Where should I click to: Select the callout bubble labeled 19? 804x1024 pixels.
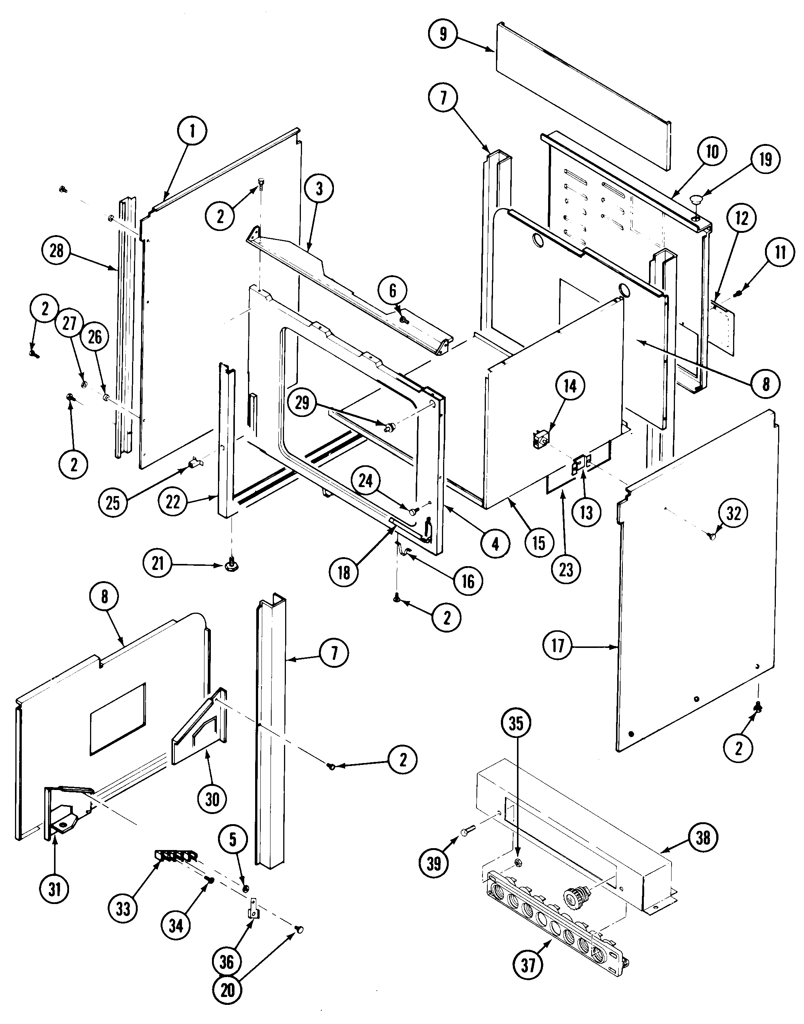(x=765, y=160)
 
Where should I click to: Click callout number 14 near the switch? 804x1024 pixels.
(x=570, y=386)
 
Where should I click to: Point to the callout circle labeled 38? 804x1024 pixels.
(x=703, y=838)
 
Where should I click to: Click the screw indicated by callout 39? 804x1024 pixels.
(x=468, y=832)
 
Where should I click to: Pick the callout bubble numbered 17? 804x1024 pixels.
(x=558, y=645)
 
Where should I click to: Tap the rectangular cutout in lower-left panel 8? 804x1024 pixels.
(x=118, y=719)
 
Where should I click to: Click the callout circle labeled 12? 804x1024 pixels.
(x=741, y=218)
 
